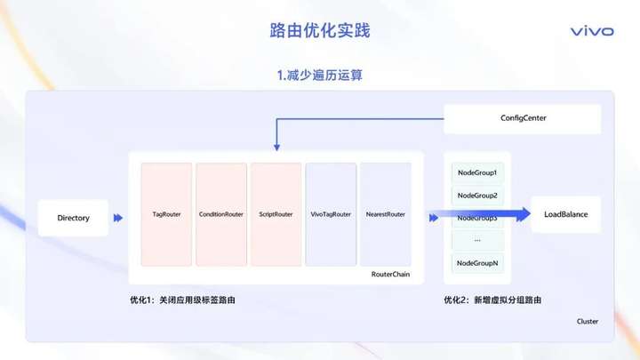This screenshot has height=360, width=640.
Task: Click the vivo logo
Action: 591,31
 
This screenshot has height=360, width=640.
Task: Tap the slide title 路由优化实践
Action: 320,30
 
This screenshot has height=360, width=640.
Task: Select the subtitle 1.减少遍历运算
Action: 320,76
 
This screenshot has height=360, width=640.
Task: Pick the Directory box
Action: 74,218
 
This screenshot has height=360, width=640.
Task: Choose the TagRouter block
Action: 166,214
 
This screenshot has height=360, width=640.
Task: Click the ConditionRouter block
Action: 221,214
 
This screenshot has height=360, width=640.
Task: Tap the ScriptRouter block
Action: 276,214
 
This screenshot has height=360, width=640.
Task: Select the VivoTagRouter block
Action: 331,214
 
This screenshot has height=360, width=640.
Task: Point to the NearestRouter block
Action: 385,214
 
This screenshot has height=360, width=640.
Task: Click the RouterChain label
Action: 390,275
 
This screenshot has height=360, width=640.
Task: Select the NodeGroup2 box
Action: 477,196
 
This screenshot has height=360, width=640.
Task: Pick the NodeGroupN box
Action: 477,263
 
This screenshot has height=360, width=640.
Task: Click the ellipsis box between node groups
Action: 477,240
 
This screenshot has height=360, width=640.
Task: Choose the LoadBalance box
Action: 565,214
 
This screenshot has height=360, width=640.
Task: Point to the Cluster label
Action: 588,321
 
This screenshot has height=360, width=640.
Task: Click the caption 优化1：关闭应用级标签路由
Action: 183,300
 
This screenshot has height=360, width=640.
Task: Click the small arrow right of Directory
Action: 118,218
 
